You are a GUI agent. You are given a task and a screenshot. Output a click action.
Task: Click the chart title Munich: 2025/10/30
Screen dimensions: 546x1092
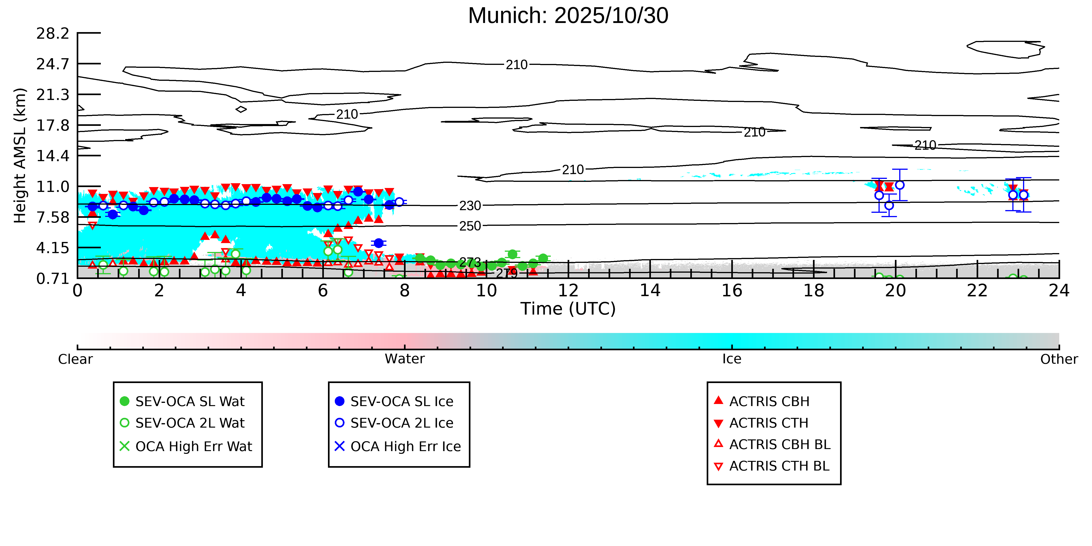point(568,16)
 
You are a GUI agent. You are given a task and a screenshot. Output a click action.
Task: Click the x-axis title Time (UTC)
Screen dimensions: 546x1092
point(568,309)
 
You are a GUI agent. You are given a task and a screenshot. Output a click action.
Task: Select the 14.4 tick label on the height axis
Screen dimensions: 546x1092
point(53,156)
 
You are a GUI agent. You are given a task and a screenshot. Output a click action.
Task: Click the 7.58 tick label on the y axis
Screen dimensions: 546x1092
point(53,218)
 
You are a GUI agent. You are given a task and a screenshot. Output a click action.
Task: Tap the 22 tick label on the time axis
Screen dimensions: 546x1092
point(977,291)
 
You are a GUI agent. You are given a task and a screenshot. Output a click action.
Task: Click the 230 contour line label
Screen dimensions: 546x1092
point(470,206)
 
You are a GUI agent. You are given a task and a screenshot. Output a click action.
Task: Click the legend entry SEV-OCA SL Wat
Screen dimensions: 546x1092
point(190,401)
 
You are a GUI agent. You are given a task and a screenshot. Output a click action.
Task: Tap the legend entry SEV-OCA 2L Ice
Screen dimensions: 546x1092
point(401,423)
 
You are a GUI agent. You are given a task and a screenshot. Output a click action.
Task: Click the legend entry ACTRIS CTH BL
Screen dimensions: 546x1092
point(779,466)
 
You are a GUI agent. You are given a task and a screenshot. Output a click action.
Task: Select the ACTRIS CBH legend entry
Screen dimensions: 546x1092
point(769,401)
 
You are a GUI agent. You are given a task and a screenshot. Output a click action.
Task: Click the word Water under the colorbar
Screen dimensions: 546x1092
point(404,359)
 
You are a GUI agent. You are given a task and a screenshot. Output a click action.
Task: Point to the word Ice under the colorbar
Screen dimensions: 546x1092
point(732,359)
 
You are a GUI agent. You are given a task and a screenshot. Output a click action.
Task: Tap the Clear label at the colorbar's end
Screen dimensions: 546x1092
point(76,359)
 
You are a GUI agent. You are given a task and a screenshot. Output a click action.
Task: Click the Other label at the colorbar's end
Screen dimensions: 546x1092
point(1059,359)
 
